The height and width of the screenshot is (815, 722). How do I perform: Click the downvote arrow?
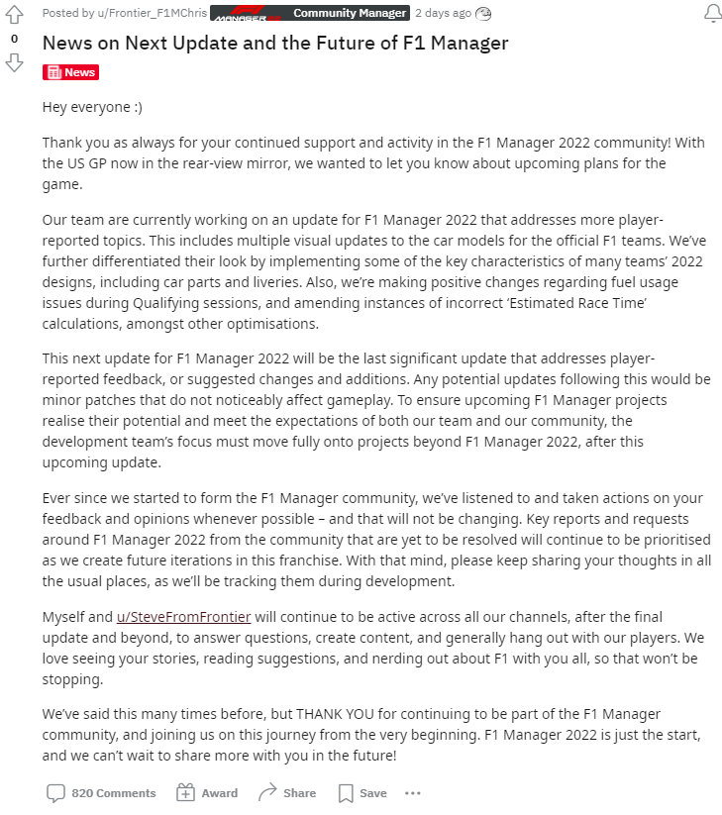(x=14, y=62)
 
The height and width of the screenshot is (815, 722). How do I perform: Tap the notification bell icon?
(x=712, y=14)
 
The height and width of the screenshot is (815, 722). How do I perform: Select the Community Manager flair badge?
(x=350, y=13)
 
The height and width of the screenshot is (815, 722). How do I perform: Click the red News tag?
(x=71, y=72)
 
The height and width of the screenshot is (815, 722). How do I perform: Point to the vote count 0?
(x=14, y=39)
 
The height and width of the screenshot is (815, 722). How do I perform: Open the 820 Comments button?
(x=101, y=792)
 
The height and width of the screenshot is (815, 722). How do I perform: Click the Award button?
(x=207, y=792)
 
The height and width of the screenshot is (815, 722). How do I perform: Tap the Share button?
(x=287, y=792)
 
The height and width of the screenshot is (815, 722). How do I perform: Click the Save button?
(x=362, y=792)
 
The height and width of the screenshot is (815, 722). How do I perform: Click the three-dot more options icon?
(x=413, y=792)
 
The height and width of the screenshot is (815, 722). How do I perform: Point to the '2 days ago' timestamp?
(x=442, y=13)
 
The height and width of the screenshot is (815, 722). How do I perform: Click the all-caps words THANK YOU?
(x=336, y=713)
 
